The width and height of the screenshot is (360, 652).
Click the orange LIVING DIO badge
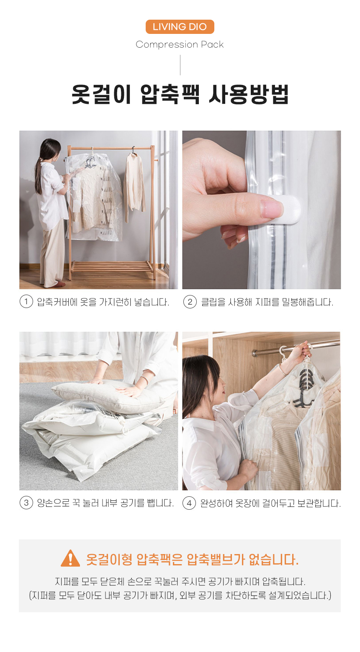coord(180,27)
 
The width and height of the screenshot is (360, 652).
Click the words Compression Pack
coord(180,44)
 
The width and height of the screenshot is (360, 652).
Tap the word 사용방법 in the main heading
coord(249,94)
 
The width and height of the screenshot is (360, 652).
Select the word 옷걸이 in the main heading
coord(101,94)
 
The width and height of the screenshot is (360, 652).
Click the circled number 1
coord(26,302)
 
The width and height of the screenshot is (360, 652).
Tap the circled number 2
coord(190,302)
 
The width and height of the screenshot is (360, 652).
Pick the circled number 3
coord(26,503)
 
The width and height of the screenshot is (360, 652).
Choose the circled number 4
coord(189,503)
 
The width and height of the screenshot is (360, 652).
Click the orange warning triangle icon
coord(70,559)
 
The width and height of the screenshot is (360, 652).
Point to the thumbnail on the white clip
coord(271,208)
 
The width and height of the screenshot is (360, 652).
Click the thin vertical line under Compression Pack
coord(180,65)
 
